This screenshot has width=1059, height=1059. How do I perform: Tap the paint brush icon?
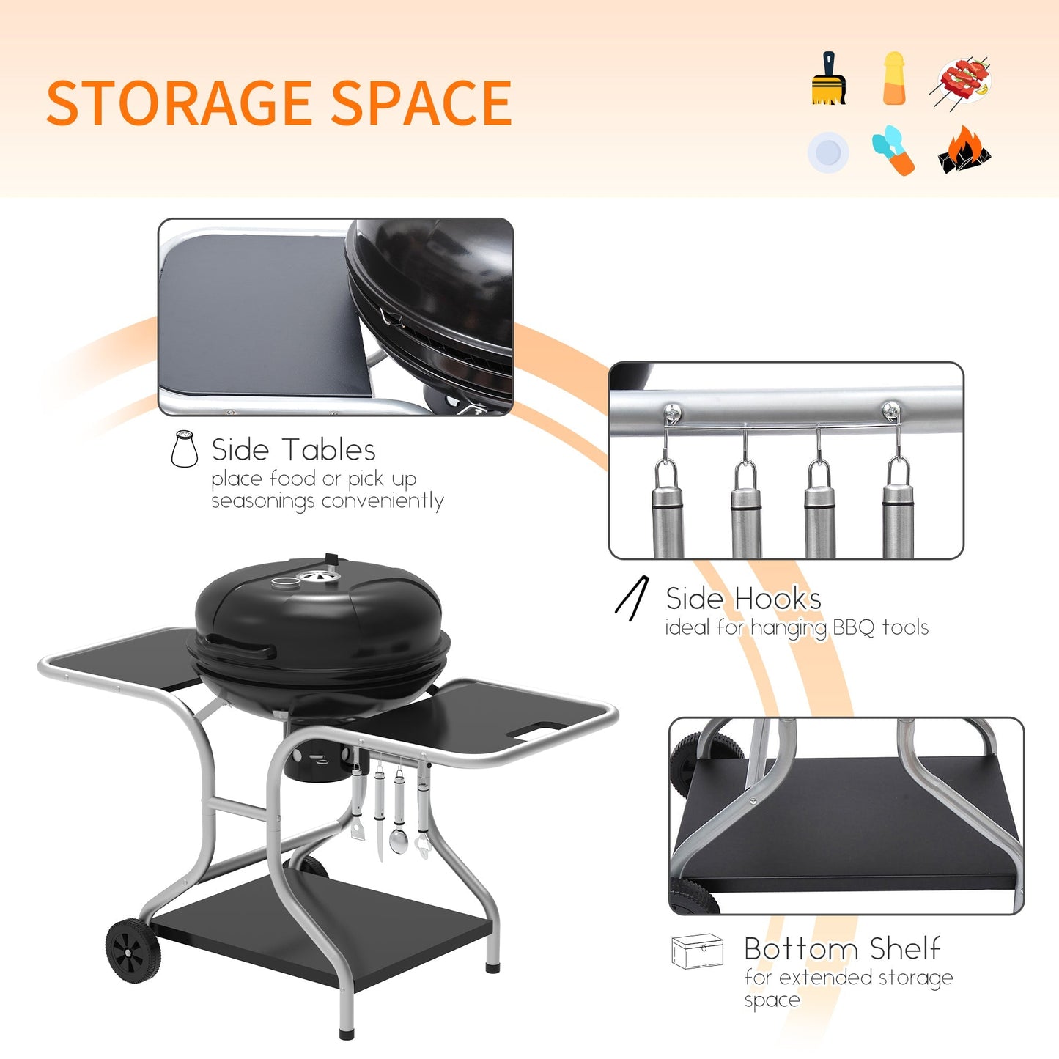pos(829,79)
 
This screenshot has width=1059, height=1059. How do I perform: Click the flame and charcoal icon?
pos(963,150)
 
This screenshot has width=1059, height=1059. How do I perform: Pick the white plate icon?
pos(828,152)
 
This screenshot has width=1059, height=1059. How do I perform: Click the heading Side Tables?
pos(293,449)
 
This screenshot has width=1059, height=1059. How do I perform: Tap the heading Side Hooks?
pos(743,599)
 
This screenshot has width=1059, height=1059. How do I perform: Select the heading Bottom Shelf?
pos(842,948)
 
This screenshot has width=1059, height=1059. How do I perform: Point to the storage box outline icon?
pos(697,951)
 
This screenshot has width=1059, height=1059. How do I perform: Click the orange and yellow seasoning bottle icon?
pos(894,79)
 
